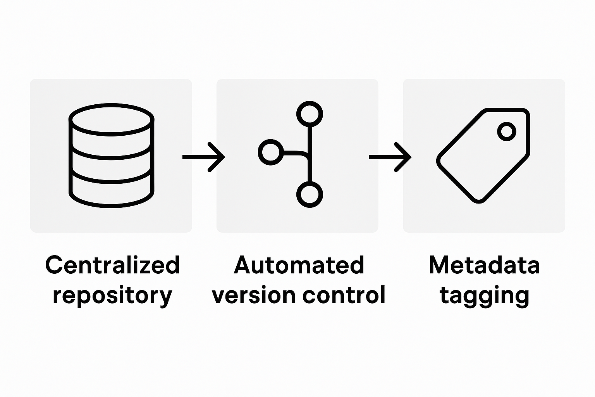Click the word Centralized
click(112, 265)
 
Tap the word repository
click(112, 296)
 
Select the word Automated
click(299, 265)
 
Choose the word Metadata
click(484, 265)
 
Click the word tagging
click(484, 296)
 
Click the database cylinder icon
click(112, 155)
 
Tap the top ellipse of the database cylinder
click(112, 118)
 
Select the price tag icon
click(483, 155)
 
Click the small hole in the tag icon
click(506, 131)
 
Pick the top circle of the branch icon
click(310, 114)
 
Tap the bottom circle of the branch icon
click(310, 195)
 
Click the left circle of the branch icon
click(271, 152)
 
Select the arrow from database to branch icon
click(204, 157)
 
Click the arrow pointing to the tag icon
click(390, 157)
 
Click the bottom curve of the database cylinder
click(112, 204)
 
